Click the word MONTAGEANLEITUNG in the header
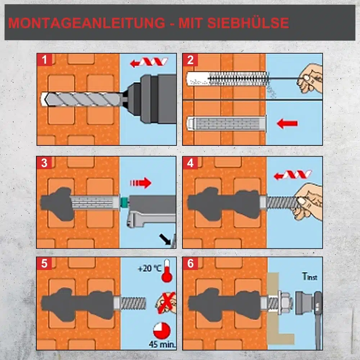(x=86, y=23)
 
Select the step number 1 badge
(x=44, y=60)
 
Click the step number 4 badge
(x=190, y=163)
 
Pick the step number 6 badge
(x=190, y=264)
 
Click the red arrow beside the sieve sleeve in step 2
(x=287, y=124)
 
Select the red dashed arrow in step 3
(x=141, y=183)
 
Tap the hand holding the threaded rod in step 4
(x=308, y=202)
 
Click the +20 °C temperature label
(x=149, y=268)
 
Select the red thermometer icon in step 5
(x=167, y=271)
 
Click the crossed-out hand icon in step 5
(x=166, y=303)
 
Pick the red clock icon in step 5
(x=162, y=331)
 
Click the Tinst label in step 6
(x=310, y=276)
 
